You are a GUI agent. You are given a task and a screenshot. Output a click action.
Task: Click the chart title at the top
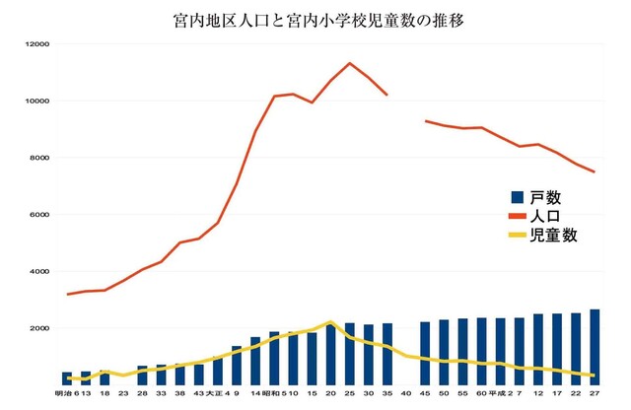(x=315, y=19)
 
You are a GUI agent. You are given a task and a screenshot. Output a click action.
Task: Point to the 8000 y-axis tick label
(x=38, y=158)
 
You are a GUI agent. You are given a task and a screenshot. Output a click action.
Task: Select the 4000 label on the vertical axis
(x=38, y=272)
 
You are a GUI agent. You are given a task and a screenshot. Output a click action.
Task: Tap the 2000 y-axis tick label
(x=38, y=328)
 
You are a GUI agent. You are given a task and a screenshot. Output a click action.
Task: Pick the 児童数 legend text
(x=553, y=236)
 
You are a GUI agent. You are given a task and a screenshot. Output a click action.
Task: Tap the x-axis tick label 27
(x=595, y=395)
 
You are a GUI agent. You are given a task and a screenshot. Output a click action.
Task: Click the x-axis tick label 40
(x=406, y=395)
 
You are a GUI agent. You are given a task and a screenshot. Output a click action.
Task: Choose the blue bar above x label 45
(x=425, y=353)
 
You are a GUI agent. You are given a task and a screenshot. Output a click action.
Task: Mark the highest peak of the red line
(x=350, y=63)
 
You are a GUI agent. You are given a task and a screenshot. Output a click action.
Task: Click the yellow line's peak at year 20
(x=331, y=321)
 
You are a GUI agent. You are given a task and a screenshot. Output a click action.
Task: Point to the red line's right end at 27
(x=595, y=171)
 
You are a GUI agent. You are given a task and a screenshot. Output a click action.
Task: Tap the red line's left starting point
(x=67, y=294)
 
